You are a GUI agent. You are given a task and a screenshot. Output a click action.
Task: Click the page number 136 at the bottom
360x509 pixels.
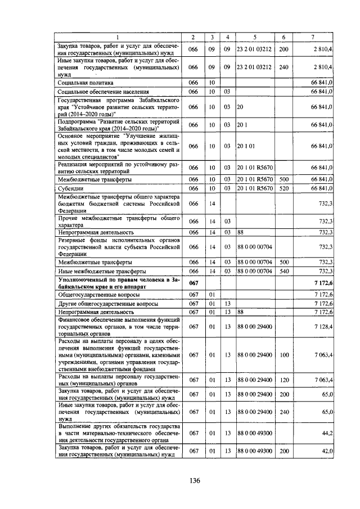pyautogui.click(x=195, y=480)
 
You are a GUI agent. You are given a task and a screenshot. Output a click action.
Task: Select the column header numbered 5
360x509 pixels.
pyautogui.click(x=254, y=37)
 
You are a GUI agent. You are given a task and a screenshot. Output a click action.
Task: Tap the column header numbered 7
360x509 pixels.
pyautogui.click(x=313, y=37)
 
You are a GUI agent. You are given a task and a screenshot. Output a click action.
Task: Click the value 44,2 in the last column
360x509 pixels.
pyautogui.click(x=326, y=433)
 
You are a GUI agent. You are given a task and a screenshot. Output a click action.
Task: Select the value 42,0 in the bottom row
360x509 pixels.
pyautogui.click(x=326, y=451)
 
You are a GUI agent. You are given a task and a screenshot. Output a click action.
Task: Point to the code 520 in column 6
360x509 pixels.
pyautogui.click(x=284, y=188)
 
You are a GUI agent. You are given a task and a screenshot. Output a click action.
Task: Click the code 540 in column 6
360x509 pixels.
pyautogui.click(x=284, y=271)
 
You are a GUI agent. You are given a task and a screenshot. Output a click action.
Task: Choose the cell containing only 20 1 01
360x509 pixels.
pyautogui.click(x=246, y=146)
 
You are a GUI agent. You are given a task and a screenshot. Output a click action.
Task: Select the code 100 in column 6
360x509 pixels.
pyautogui.click(x=284, y=355)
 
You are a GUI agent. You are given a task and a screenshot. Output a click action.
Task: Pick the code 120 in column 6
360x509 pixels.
pyautogui.click(x=284, y=380)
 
